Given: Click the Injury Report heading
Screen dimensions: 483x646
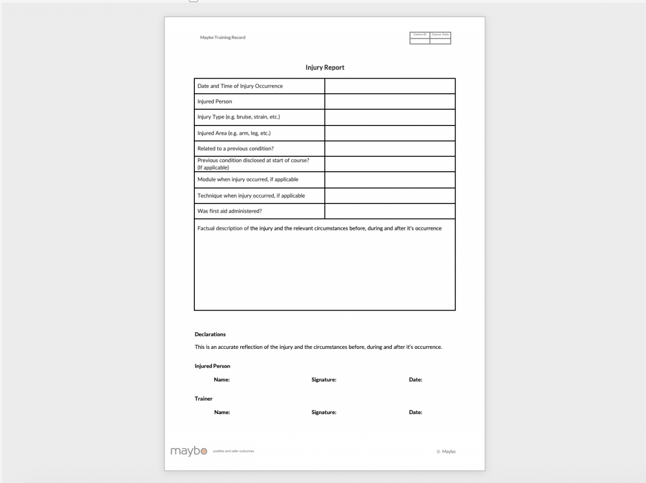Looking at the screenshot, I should click(325, 67).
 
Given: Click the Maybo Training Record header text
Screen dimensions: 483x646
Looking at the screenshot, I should click(222, 38).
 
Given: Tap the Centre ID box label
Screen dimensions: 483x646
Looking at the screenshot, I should click(420, 34).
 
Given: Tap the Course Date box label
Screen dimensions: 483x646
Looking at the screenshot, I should click(440, 34).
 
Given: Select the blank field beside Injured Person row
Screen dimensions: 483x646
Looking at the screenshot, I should click(390, 101).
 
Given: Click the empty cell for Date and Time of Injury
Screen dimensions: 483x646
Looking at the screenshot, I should click(390, 86).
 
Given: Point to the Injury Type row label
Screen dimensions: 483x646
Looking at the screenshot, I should click(238, 117).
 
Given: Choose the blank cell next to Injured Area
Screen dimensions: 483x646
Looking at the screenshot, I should click(390, 133).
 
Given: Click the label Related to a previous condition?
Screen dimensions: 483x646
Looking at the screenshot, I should click(236, 149).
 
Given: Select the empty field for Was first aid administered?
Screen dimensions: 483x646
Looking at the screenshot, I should click(390, 211).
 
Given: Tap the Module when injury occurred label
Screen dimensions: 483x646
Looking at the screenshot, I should click(248, 179).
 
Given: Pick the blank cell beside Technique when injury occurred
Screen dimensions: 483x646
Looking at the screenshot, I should click(390, 195).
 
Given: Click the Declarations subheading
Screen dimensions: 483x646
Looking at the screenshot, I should click(210, 334).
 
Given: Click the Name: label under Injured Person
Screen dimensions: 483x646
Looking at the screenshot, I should click(222, 380).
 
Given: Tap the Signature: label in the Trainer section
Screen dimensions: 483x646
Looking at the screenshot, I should click(324, 412).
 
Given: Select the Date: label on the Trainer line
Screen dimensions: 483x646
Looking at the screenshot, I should click(416, 412).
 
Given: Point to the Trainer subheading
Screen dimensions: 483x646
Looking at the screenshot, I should click(203, 398).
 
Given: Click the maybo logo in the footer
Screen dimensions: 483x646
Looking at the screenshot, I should click(188, 451).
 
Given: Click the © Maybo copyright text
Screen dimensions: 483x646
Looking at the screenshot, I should click(446, 452).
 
